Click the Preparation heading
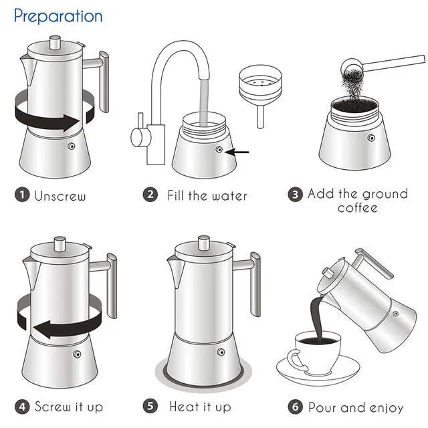click(58, 15)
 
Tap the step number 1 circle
click(22, 195)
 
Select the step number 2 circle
click(151, 195)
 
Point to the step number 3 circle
click(295, 195)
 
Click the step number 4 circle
click(22, 406)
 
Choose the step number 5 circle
click(151, 406)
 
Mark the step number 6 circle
click(296, 407)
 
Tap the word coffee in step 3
click(357, 208)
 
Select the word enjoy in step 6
click(384, 407)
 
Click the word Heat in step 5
click(184, 406)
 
